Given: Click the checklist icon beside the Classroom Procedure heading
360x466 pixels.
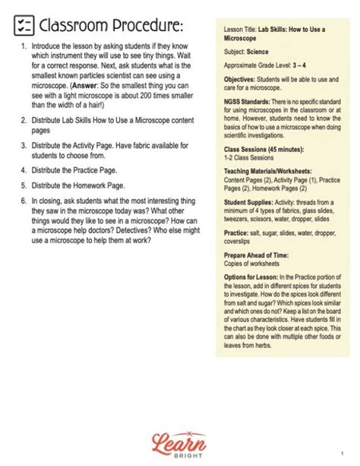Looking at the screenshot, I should pyautogui.click(x=24, y=27).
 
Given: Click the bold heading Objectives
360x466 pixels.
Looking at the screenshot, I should pyautogui.click(x=243, y=79).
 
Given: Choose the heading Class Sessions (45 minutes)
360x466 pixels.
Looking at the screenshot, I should pyautogui.click(x=267, y=148).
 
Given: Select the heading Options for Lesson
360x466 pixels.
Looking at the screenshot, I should pyautogui.click(x=250, y=277).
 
